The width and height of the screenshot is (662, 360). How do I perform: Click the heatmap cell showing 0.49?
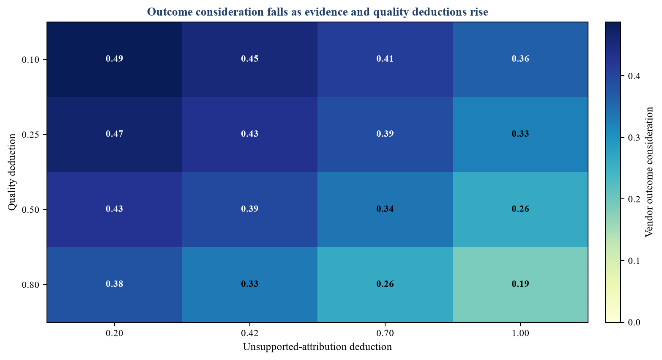point(115,59)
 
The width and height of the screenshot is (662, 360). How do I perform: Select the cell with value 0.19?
point(520,284)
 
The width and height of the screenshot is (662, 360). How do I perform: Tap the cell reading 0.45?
point(250,59)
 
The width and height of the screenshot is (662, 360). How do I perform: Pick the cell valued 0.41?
point(385,59)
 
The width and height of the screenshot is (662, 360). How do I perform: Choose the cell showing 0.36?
point(520,59)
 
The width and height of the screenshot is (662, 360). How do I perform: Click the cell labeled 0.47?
point(115,134)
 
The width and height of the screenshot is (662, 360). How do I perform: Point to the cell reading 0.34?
point(385,209)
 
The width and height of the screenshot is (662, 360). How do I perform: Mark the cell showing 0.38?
point(115,284)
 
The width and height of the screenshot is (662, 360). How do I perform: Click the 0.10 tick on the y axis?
point(30,60)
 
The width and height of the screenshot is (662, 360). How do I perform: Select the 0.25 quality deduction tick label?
point(30,135)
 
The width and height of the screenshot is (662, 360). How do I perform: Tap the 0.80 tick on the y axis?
point(30,285)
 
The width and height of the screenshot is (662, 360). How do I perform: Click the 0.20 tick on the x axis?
point(115,333)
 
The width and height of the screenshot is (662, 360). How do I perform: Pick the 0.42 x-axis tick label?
point(250,333)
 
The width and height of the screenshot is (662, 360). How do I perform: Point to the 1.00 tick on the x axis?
point(520,333)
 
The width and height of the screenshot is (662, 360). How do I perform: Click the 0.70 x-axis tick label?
point(385,333)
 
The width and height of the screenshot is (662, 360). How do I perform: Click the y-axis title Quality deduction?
point(12,172)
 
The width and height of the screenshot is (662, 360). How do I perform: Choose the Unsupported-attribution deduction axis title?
point(317,347)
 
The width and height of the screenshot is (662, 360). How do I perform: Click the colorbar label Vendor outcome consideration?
point(649,172)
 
